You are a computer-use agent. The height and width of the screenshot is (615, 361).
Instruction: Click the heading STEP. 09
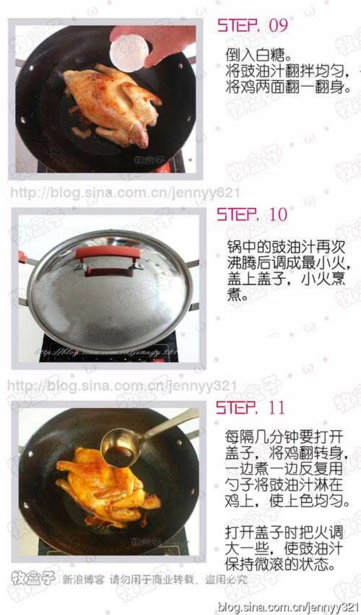(x=252, y=26)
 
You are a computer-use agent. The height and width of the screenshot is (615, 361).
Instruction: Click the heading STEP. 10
(x=252, y=214)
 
